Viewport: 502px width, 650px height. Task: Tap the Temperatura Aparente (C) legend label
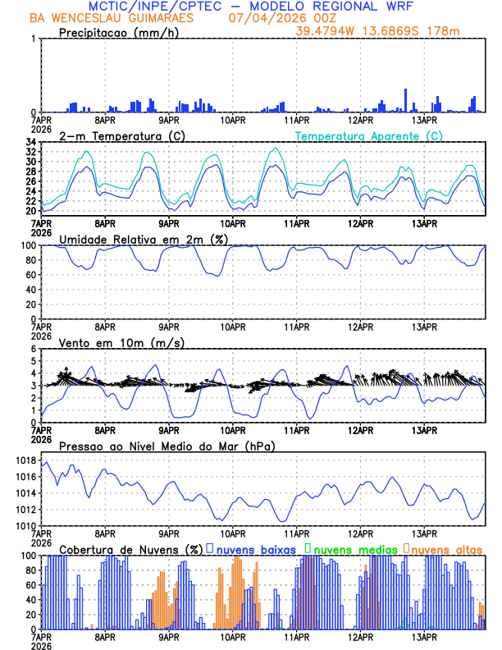pos(369,135)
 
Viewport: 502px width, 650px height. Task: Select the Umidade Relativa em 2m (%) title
pos(143,239)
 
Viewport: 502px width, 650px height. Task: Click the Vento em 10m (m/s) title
pos(111,342)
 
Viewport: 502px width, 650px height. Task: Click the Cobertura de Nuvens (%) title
pos(131,548)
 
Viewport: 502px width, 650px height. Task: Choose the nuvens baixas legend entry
pos(255,548)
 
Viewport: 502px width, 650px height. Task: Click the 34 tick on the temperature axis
pos(30,143)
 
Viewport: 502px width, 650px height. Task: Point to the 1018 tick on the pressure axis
pos(25,460)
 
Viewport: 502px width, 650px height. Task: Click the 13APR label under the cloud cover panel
pos(424,636)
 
